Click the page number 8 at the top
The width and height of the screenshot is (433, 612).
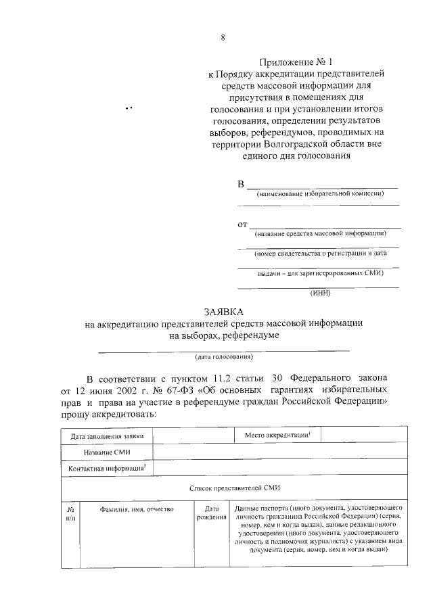(223, 38)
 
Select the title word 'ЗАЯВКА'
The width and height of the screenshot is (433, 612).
(223, 311)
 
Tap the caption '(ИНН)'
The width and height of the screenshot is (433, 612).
(320, 293)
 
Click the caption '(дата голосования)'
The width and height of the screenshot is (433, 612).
(224, 356)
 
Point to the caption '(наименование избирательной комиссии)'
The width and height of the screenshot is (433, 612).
(320, 193)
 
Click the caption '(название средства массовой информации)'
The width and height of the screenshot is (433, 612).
(320, 233)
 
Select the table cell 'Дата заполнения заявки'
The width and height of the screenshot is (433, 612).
(107, 437)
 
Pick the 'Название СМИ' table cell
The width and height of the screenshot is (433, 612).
(107, 452)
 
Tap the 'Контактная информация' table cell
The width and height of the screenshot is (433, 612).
(107, 468)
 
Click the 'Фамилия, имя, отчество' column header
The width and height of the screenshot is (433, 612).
(137, 509)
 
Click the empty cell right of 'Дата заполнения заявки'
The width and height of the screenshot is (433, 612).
(193, 437)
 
